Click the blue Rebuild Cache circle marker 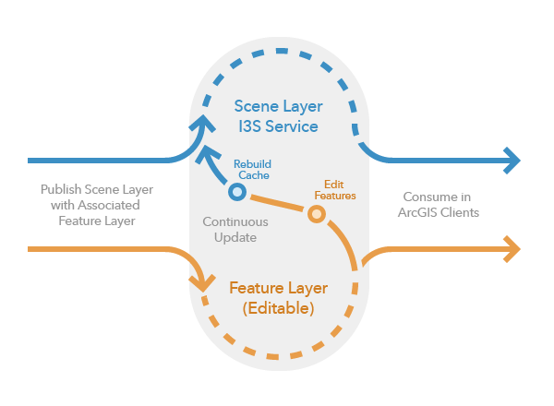point(236,191)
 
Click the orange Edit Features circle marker point(317,214)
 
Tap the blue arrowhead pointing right point(511,161)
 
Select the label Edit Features point(334,189)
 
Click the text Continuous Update point(235,230)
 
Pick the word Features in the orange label point(334,196)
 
